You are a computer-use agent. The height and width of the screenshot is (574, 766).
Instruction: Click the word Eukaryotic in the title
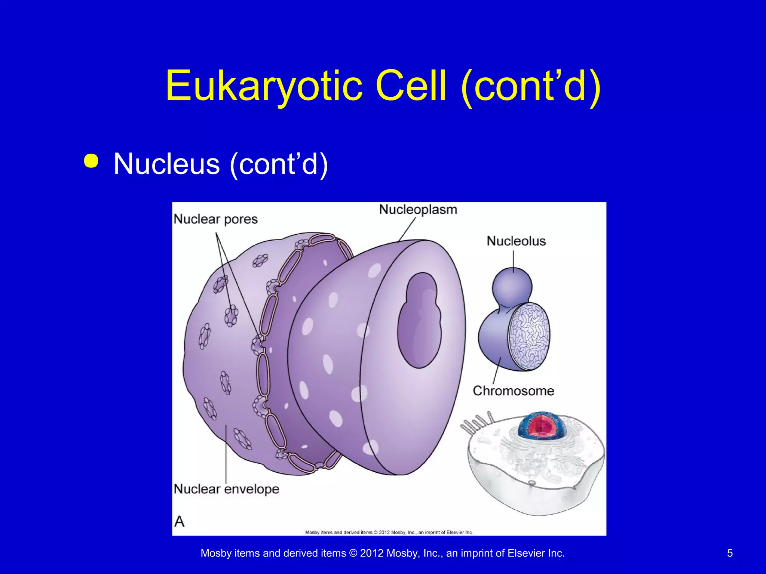pos(264,86)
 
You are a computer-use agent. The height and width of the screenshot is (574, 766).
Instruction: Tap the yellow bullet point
pos(91,161)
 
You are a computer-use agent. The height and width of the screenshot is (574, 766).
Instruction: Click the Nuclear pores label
pos(216,219)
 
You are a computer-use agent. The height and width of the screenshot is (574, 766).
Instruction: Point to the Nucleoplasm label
pos(418,210)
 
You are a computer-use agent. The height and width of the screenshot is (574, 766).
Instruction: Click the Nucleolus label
pos(516,241)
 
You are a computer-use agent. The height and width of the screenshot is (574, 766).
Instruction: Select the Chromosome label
pos(513,391)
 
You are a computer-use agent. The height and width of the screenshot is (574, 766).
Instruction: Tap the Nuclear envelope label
pos(227,489)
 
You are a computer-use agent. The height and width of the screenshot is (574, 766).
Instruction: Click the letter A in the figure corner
pos(180,521)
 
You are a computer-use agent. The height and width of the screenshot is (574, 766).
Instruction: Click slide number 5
pos(730,553)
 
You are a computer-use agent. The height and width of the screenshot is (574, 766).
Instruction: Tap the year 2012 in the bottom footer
pos(371,553)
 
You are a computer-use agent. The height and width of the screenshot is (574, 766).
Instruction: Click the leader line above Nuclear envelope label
pos(226,454)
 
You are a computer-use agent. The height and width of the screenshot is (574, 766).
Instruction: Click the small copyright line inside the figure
pos(389,532)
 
